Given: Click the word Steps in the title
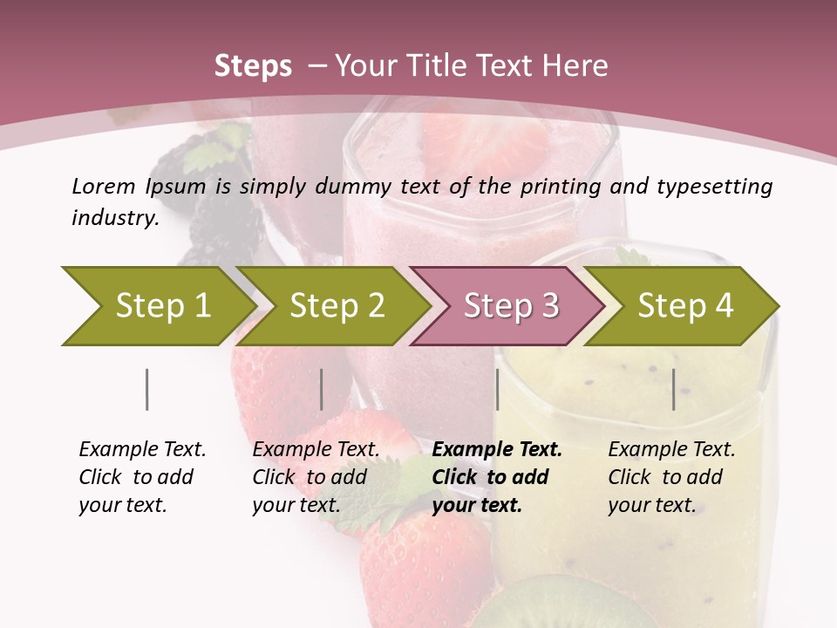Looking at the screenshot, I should pos(253,66).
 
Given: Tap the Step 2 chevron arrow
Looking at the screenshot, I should pos(336,305).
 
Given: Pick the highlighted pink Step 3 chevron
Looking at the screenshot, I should pos(510,305).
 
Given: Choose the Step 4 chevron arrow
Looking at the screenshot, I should pos(685,305).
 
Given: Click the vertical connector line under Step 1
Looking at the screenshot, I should pos(146,389).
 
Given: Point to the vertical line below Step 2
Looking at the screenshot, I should pos(322,389).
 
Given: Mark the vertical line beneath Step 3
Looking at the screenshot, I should pos(497,389).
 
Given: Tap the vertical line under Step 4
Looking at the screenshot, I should pos(673,389).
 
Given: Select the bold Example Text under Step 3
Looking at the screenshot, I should pos(497,477).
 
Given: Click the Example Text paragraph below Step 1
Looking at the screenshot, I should pos(142,477).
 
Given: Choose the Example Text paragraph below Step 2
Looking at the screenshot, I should pos(316,477).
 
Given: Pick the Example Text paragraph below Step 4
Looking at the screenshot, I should pos(671,477).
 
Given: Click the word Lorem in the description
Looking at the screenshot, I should pos(104,186).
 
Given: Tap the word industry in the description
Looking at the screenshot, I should pos(114,217).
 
